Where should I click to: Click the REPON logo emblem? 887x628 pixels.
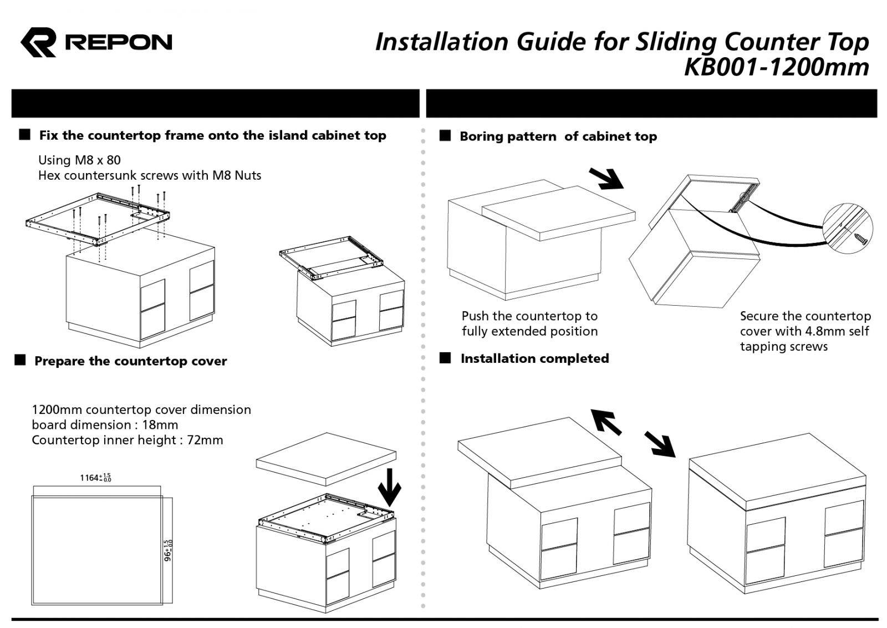[x=38, y=42]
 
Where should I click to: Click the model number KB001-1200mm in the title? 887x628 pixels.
[x=776, y=68]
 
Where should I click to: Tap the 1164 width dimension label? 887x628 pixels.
[x=95, y=478]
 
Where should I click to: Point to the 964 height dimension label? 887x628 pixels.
[x=168, y=550]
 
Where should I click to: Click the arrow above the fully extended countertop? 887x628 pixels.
[x=605, y=179]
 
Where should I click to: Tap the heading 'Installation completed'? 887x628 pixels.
[x=534, y=359]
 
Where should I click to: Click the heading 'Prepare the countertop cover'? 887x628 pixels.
[x=130, y=362]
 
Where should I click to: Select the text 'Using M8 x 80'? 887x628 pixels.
[x=79, y=160]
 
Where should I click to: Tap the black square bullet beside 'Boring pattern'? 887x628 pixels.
[x=445, y=136]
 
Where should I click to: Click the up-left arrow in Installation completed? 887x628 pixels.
[x=605, y=422]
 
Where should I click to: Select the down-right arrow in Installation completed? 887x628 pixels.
[x=660, y=444]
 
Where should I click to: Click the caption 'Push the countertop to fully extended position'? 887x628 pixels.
[x=529, y=324]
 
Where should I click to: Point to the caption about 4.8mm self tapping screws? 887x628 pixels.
[x=804, y=332]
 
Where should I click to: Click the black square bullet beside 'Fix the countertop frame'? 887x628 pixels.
[x=24, y=135]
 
